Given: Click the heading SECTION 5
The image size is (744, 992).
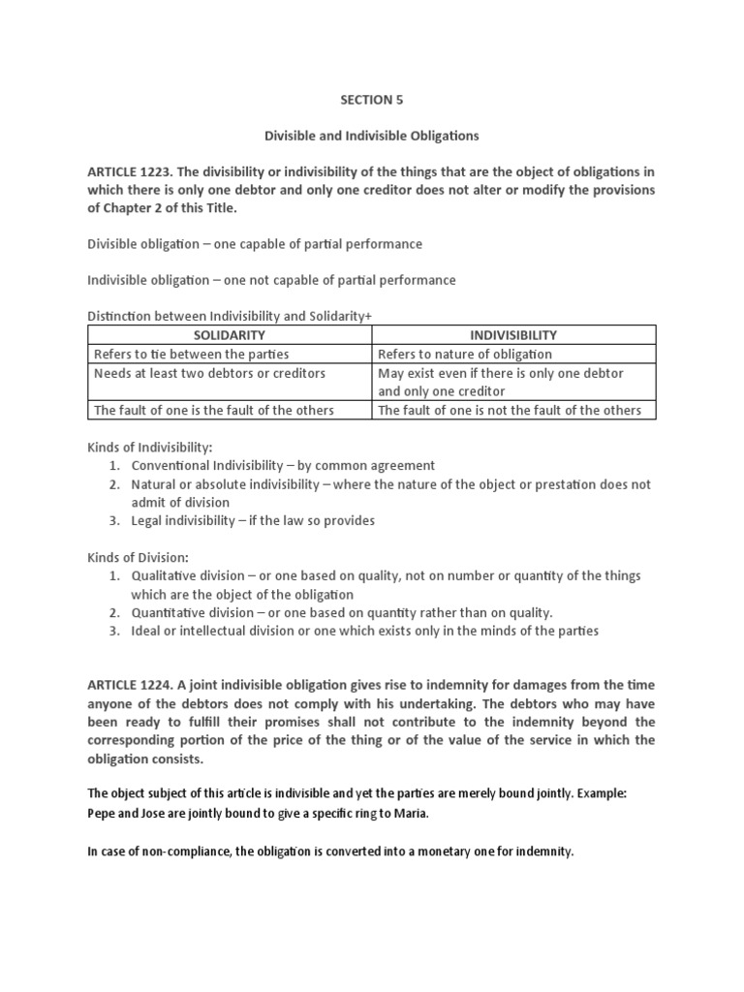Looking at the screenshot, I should click(x=371, y=98).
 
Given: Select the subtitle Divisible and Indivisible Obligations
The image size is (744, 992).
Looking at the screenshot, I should click(x=371, y=135).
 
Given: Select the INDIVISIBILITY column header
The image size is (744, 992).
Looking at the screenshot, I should click(x=513, y=335).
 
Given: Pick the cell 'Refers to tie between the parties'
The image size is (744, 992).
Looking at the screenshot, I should click(x=192, y=355).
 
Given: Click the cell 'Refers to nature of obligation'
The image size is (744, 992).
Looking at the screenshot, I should click(x=465, y=355).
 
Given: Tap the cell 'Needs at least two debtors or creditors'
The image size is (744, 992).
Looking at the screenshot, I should click(x=209, y=373).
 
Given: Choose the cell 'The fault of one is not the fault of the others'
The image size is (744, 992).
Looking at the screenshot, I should click(x=510, y=410).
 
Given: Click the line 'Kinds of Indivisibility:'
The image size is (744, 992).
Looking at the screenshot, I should click(x=150, y=447).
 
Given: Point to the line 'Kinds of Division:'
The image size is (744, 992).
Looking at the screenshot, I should click(x=138, y=557).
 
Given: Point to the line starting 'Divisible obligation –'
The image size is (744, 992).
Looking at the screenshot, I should click(x=255, y=244).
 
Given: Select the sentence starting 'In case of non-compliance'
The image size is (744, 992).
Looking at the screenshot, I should click(x=330, y=852).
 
